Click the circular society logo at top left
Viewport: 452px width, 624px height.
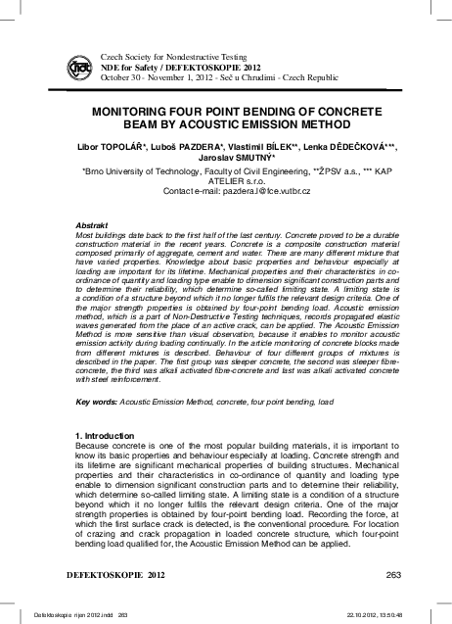pos(82,67)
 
